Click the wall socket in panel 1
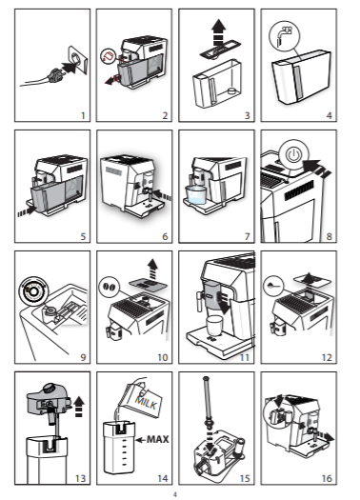click(x=78, y=60)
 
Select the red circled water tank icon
click(x=109, y=56)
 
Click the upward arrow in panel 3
click(x=218, y=32)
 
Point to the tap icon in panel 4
click(x=285, y=34)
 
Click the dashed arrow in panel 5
click(x=27, y=211)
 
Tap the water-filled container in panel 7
click(x=196, y=194)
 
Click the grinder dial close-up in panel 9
click(x=33, y=291)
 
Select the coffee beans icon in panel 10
click(x=110, y=287)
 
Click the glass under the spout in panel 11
click(x=214, y=326)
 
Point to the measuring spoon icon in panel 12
click(x=273, y=285)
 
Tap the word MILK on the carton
click(x=147, y=402)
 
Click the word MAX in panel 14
click(x=157, y=439)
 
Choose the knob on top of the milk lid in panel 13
click(x=50, y=389)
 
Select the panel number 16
click(x=327, y=478)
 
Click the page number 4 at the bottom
click(x=174, y=494)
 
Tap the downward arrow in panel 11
click(x=223, y=303)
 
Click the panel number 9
click(x=83, y=357)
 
